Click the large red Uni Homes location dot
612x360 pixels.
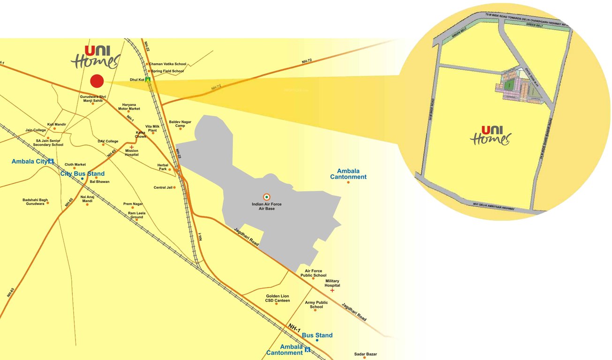pos(97,81)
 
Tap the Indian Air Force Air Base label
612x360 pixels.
pos(266,206)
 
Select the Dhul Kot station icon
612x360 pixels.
pos(148,80)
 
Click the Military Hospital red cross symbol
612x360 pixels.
pos(332,291)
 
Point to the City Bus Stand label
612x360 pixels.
pos(83,174)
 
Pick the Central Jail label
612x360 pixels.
pos(163,187)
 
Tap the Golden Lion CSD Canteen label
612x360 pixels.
pos(278,298)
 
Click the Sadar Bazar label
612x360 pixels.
pos(365,354)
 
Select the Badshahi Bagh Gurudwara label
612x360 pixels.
pos(35,202)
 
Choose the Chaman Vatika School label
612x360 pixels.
pos(167,64)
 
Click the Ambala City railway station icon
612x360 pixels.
pos(51,161)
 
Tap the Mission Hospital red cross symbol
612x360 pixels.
pos(131,147)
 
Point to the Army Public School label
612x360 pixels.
pos(316,305)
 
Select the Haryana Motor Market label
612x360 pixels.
pos(129,107)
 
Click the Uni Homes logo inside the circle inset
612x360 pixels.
pos(490,135)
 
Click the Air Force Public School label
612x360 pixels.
pos(313,273)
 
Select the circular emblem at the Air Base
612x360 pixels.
pos(266,196)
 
